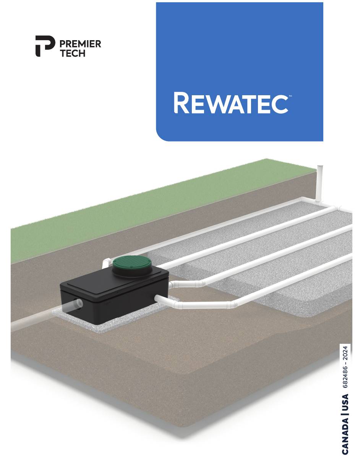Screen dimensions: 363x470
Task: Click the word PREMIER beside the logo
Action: pos(80,44)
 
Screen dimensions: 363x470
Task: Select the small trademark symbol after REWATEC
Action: pos(290,96)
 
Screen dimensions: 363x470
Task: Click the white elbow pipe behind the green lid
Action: pos(107,263)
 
